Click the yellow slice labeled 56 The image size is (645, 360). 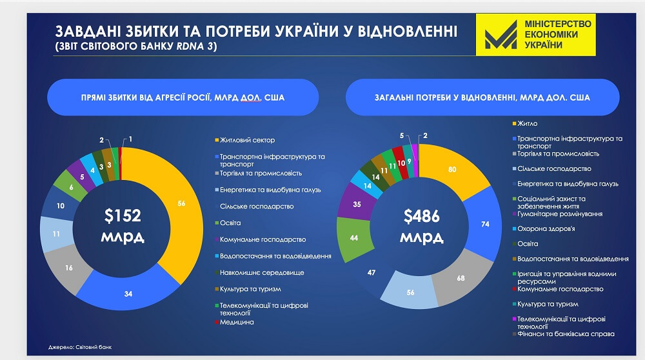click(x=181, y=203)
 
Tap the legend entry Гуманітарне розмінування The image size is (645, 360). click(x=559, y=214)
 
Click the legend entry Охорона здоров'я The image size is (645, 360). click(x=546, y=228)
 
